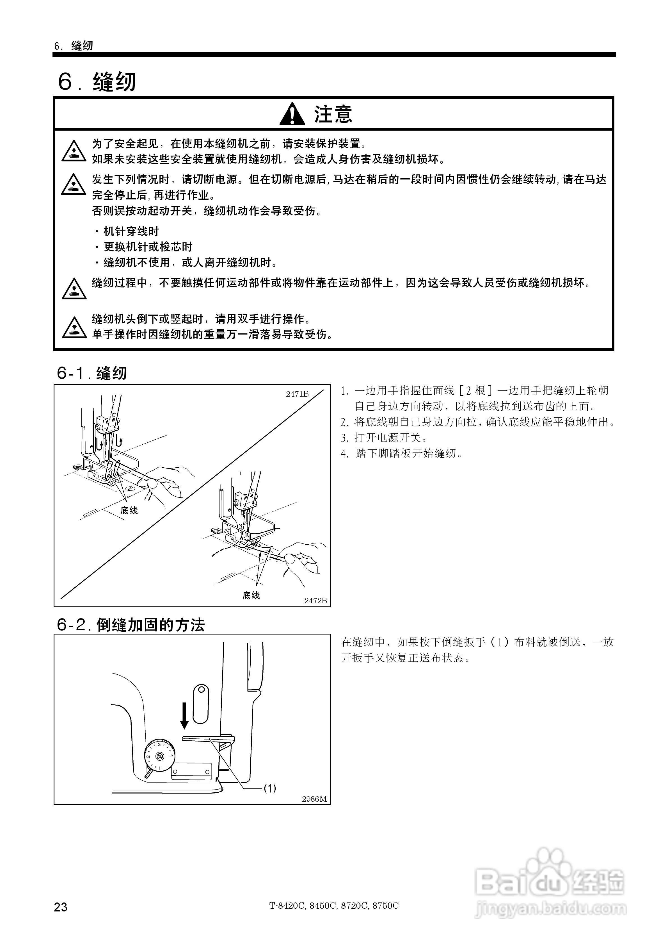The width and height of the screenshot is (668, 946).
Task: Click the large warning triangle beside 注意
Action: [x=292, y=114]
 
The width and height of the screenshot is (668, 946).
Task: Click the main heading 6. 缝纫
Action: [x=97, y=81]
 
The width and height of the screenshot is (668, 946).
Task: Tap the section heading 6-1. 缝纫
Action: [x=92, y=373]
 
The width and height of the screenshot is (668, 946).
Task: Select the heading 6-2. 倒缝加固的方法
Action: [x=131, y=625]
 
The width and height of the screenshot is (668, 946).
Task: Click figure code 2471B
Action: [x=297, y=394]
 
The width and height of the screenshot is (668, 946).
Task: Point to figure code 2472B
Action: [x=315, y=601]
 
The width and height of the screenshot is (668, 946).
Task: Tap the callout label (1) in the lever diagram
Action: [x=269, y=788]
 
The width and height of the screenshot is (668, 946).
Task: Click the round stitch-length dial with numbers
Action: [x=159, y=756]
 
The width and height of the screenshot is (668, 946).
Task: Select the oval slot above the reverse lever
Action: [x=201, y=704]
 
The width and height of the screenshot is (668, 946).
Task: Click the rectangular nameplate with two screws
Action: [x=191, y=771]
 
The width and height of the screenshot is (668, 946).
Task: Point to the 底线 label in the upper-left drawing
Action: [x=129, y=510]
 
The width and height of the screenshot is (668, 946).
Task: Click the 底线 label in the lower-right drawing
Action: [x=251, y=595]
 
